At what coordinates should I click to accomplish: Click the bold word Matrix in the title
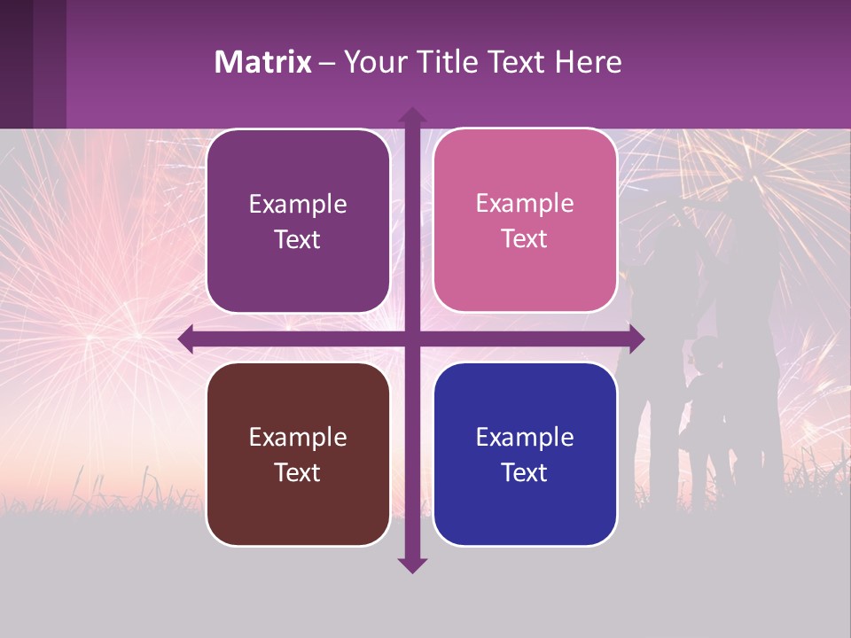tap(263, 62)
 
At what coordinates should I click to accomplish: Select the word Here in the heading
tap(588, 62)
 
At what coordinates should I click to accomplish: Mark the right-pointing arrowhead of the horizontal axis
tap(636, 338)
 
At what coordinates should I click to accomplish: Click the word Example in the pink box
tap(525, 203)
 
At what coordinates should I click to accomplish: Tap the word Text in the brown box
tap(298, 472)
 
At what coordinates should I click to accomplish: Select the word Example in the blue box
tap(525, 437)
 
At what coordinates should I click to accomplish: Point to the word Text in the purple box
tap(298, 239)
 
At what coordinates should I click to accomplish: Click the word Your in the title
tap(371, 62)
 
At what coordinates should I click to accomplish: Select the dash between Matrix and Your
tap(327, 63)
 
